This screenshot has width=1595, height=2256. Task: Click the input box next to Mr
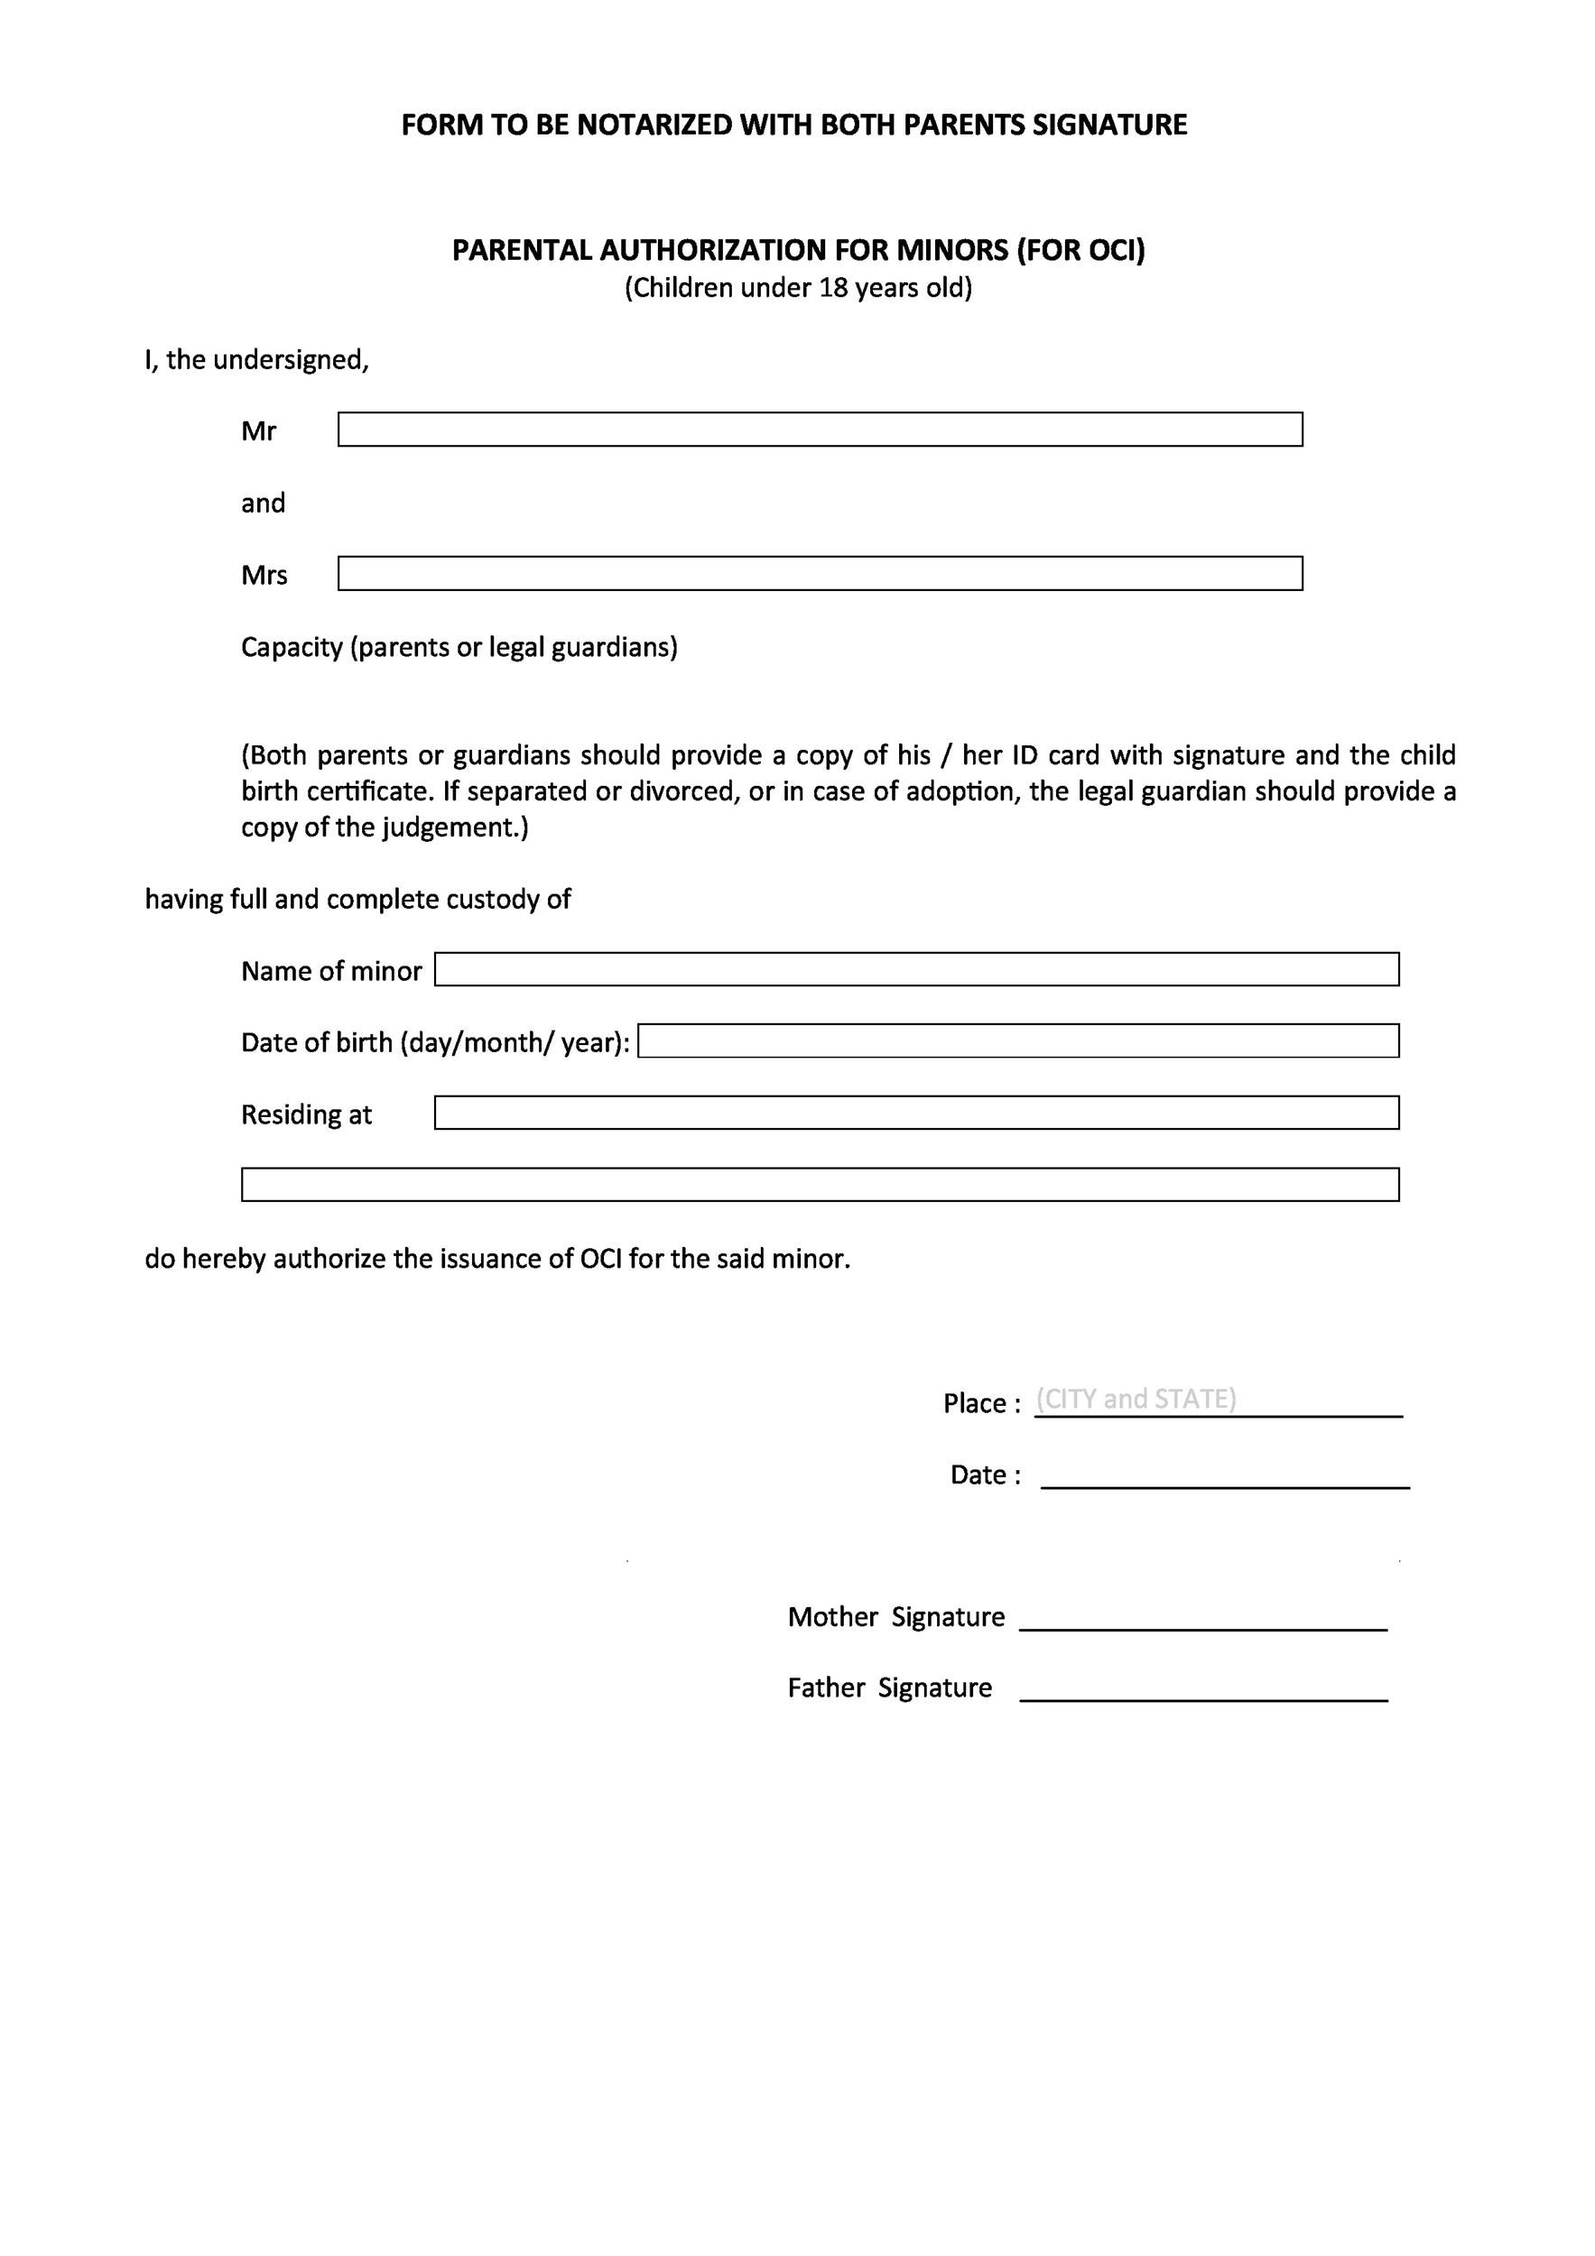click(x=820, y=430)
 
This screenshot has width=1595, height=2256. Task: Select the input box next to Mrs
click(x=820, y=574)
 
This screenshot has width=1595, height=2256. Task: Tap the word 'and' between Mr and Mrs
click(x=264, y=503)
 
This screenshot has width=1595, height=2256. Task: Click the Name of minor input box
click(x=916, y=970)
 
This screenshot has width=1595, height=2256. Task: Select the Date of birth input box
click(x=1018, y=1041)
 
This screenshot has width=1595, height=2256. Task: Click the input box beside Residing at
click(x=916, y=1114)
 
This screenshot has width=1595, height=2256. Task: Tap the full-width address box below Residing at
click(x=820, y=1185)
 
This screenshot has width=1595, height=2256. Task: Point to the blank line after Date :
click(x=1225, y=1478)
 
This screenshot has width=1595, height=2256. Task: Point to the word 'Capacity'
click(x=291, y=648)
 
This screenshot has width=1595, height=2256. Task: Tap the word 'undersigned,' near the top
click(x=291, y=361)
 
